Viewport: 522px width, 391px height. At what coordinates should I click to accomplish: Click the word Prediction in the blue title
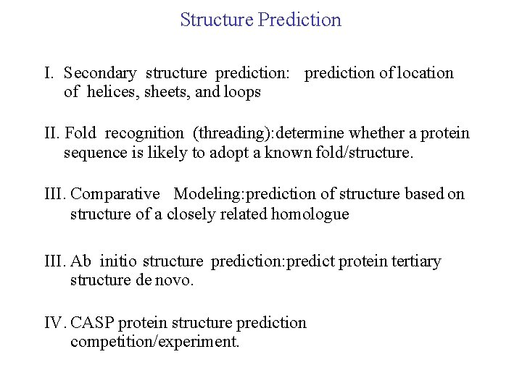[299, 20]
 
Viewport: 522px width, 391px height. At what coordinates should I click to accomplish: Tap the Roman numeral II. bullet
[52, 133]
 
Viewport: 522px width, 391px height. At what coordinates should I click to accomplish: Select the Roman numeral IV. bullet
[54, 322]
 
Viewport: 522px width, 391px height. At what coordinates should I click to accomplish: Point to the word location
[424, 73]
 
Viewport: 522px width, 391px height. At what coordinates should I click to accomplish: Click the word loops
[242, 92]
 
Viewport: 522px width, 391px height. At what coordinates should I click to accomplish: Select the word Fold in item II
[80, 133]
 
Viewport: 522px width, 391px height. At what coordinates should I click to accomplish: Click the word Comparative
[115, 194]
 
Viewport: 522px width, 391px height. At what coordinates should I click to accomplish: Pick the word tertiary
[415, 261]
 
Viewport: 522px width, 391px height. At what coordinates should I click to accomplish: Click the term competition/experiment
[154, 341]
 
